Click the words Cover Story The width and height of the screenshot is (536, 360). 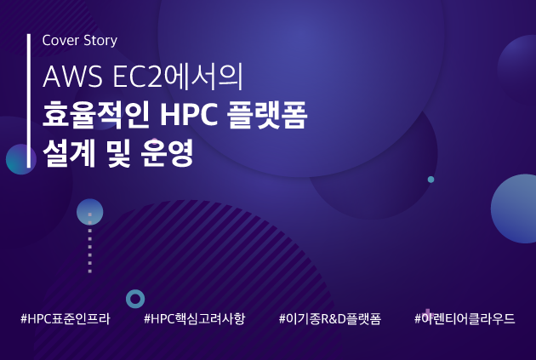pos(80,40)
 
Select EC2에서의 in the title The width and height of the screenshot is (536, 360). pos(178,77)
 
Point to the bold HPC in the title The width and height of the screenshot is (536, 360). pos(189,115)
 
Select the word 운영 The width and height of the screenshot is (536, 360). pos(168,153)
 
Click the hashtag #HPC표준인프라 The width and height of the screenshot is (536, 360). pos(66,318)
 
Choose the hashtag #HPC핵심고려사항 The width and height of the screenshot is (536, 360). pos(195,318)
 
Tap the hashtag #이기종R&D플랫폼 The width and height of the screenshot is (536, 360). pos(330,318)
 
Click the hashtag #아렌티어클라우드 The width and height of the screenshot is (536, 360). pos(465,318)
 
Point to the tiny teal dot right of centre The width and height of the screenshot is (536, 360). pos(431,179)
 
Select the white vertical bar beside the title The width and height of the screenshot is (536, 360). pos(29,101)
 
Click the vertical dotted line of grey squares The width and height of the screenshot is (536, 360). pos(90,243)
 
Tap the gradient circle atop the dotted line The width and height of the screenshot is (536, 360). pos(90,212)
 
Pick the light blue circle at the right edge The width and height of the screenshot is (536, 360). pos(514,209)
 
